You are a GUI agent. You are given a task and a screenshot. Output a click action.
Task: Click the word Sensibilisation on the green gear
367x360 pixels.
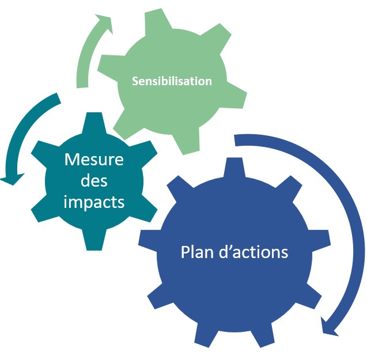(172, 81)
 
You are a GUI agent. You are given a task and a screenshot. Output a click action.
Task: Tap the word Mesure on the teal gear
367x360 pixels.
(94, 160)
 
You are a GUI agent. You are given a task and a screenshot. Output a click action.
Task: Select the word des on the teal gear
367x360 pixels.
(94, 180)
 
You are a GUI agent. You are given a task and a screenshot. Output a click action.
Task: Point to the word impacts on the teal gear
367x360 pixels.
(94, 202)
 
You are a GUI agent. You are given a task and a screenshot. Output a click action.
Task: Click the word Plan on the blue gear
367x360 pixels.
(198, 252)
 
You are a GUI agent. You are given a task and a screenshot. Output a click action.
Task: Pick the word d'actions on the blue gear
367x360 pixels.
(254, 252)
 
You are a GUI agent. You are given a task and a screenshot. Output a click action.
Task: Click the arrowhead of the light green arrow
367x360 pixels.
(105, 24)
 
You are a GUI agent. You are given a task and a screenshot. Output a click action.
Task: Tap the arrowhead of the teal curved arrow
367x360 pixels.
(12, 179)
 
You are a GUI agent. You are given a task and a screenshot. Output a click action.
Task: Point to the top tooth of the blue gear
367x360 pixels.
(234, 168)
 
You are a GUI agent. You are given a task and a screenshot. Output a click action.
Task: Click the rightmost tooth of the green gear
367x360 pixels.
(236, 98)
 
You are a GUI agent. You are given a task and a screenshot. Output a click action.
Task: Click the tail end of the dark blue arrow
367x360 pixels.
(235, 140)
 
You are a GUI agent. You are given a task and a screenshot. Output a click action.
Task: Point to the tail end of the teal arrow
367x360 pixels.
(59, 97)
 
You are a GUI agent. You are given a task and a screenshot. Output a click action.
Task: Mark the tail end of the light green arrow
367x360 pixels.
(82, 88)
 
